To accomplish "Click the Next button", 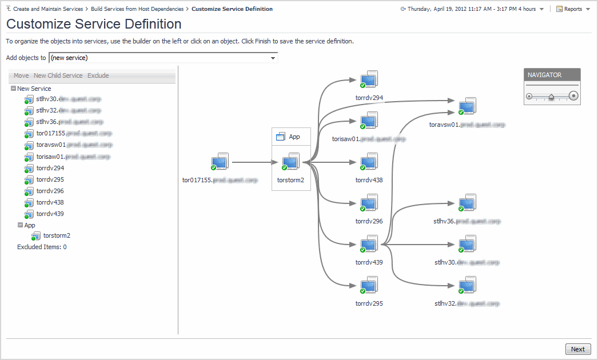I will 577,349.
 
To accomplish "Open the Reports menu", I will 573,9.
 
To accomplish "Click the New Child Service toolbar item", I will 58,75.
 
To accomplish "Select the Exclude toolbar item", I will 98,75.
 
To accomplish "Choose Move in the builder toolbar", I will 21,75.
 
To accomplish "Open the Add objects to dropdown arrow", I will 273,58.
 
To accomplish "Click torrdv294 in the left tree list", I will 50,168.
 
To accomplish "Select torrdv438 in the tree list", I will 50,202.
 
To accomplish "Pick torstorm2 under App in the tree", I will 57,235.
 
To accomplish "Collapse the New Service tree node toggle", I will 13,89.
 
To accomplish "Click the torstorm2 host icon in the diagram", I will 290,162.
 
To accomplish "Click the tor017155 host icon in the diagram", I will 220,162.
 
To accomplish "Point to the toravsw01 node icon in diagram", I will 467,107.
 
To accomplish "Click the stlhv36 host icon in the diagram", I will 467,203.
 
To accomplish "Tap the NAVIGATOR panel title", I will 544,75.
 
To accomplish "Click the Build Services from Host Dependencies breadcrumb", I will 137,9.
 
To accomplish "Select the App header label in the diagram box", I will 294,137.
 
